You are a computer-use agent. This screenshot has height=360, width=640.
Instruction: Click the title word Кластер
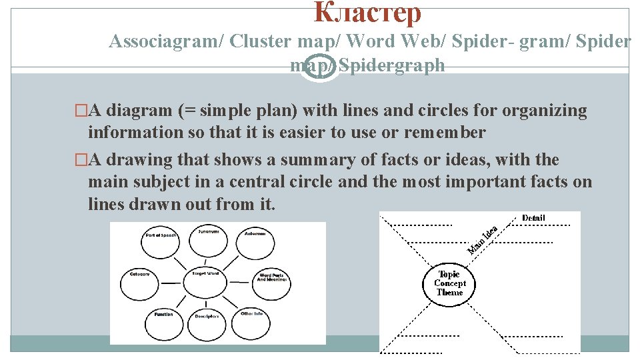pyautogui.click(x=367, y=13)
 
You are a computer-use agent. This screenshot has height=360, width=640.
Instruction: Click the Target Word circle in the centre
pyautogui.click(x=206, y=275)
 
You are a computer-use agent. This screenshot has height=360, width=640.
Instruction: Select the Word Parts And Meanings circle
pyautogui.click(x=272, y=279)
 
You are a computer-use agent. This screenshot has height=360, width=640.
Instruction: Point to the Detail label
pyautogui.click(x=533, y=218)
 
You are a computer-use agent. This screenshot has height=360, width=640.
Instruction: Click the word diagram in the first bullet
pyautogui.click(x=138, y=111)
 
